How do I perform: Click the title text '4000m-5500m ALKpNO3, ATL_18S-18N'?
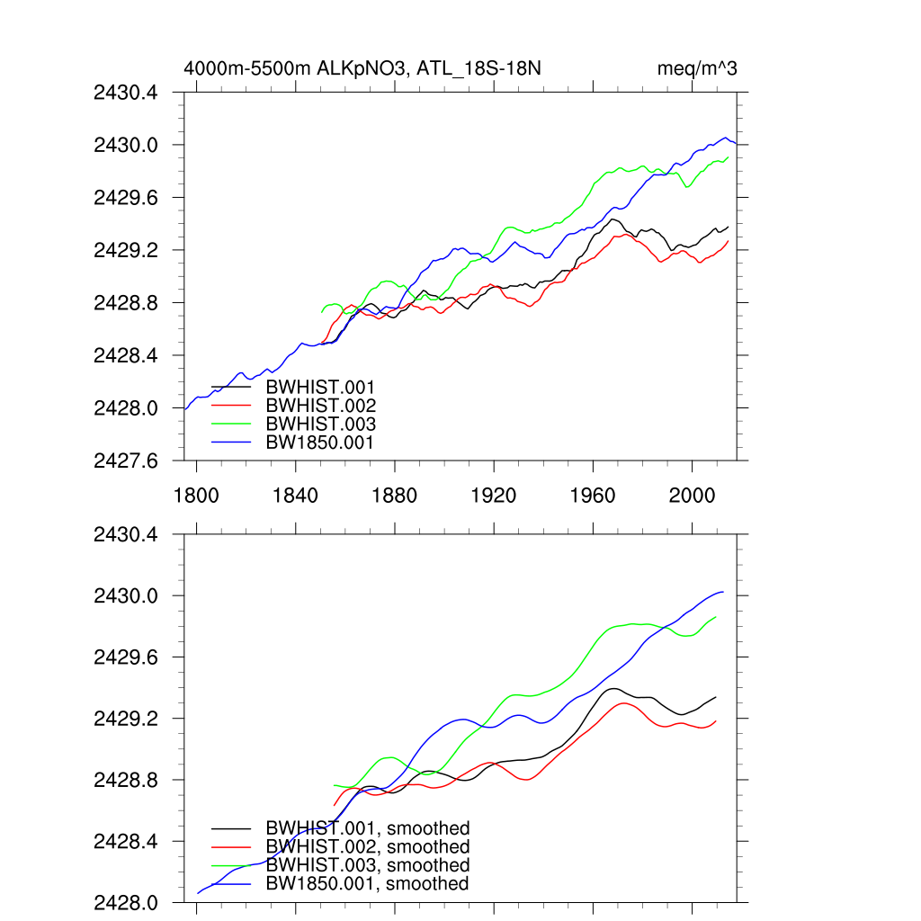pyautogui.click(x=362, y=68)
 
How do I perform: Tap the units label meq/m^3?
pyautogui.click(x=697, y=68)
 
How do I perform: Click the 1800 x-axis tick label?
pyautogui.click(x=196, y=495)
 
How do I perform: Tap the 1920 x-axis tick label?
pyautogui.click(x=494, y=495)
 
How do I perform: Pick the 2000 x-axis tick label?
pyautogui.click(x=692, y=495)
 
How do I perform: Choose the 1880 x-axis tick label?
pyautogui.click(x=395, y=495)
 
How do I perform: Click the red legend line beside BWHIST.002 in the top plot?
pyautogui.click(x=231, y=406)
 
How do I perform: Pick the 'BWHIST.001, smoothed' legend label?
pyautogui.click(x=368, y=828)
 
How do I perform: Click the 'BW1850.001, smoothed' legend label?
pyautogui.click(x=367, y=884)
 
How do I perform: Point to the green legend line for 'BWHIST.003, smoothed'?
pyautogui.click(x=231, y=865)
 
